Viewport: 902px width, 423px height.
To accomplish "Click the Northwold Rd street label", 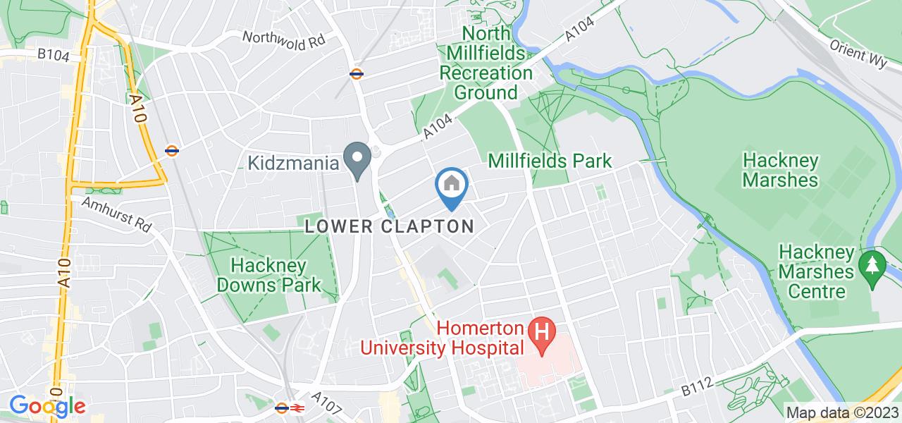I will pos(284,39).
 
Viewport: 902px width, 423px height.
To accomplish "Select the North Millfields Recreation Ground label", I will pos(486,63).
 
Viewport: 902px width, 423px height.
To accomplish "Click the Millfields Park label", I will pos(550,161).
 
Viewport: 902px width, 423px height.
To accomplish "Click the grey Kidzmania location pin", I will pos(357,160).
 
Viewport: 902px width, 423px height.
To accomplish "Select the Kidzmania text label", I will pos(292,163).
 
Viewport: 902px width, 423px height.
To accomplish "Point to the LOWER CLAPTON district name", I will pos(389,226).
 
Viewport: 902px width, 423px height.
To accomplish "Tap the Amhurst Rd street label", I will pos(117,214).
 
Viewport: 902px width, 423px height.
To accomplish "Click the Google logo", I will pos(47,406).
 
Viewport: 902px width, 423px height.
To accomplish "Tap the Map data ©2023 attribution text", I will pos(842,412).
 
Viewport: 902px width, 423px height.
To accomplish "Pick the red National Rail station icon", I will pos(297,407).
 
